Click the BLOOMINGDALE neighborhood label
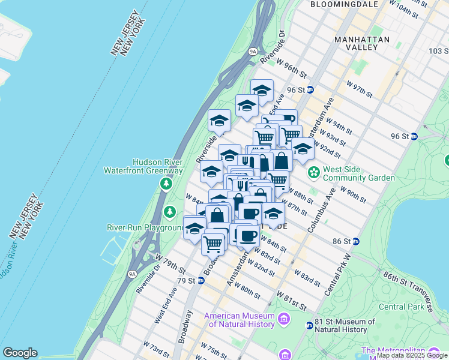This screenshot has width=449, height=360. coord(344,4)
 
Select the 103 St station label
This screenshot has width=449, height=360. coord(438,51)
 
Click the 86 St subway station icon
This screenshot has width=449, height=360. coord(356,241)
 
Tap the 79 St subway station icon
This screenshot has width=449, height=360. coord(202,280)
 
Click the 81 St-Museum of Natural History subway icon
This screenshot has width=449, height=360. coord(309,325)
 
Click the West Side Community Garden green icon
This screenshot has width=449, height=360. coord(313,173)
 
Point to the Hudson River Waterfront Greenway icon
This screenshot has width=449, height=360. coord(164,181)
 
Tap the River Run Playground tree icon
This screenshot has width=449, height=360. coord(170,211)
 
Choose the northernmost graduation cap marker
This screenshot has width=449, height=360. coord(262,91)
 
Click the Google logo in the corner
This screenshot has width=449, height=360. coord(20,353)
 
